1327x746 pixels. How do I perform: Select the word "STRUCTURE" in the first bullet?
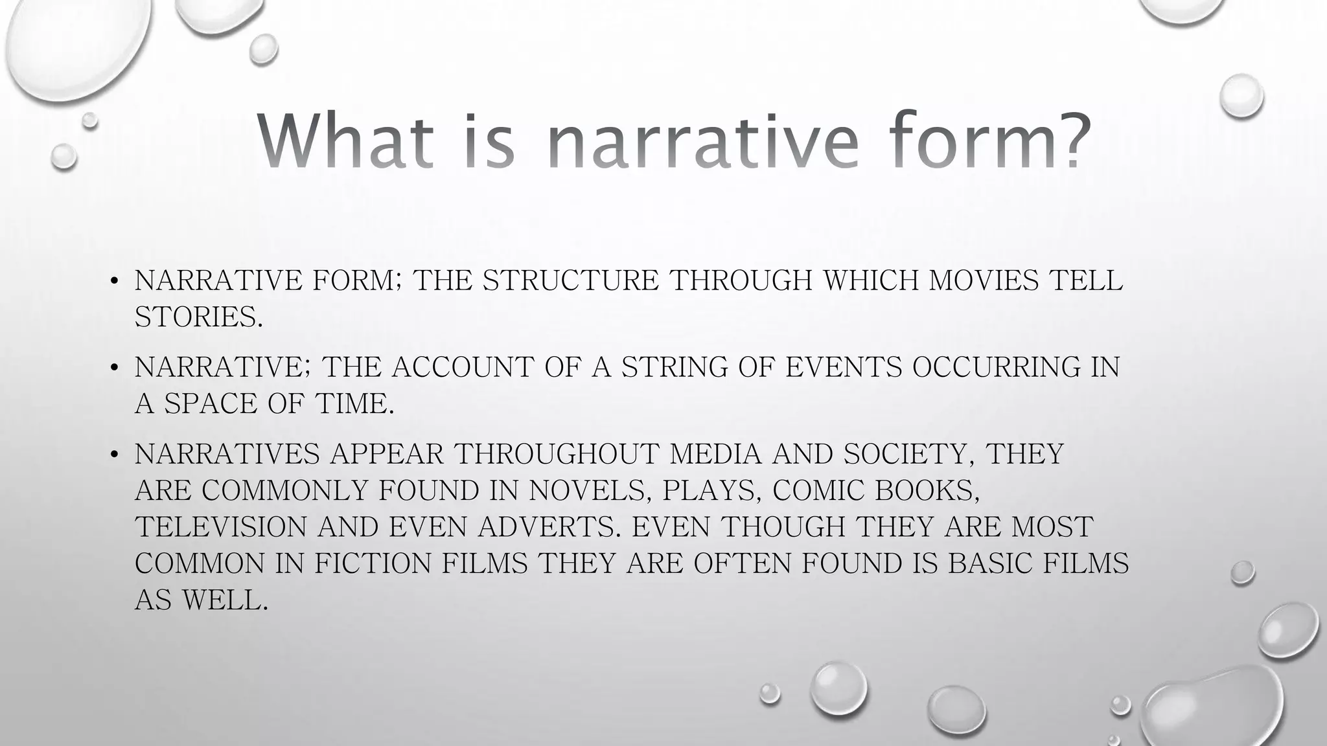571,280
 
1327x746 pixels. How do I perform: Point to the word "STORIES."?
199,317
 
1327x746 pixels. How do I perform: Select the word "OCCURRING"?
997,367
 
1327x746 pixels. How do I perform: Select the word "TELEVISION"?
221,526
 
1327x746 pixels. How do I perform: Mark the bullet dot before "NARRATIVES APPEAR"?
114,455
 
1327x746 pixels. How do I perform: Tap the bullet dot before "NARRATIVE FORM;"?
114,281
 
